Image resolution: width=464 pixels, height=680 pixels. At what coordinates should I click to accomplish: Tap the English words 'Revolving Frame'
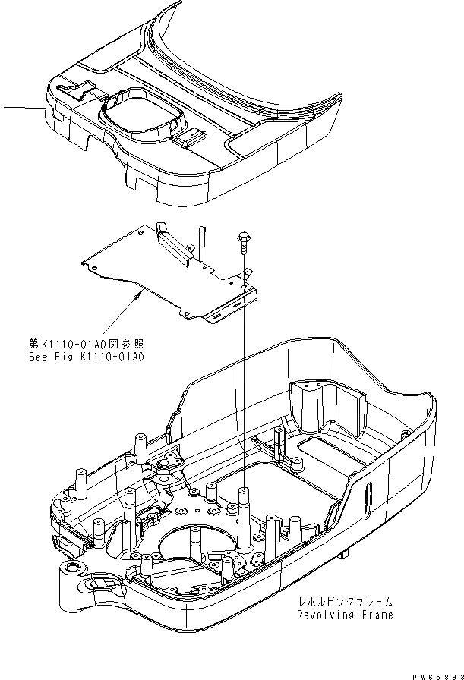pyautogui.click(x=345, y=615)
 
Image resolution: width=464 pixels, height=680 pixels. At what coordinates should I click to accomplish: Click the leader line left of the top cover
pyautogui.click(x=23, y=109)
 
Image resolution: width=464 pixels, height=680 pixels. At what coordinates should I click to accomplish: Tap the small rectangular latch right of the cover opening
pyautogui.click(x=190, y=138)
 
